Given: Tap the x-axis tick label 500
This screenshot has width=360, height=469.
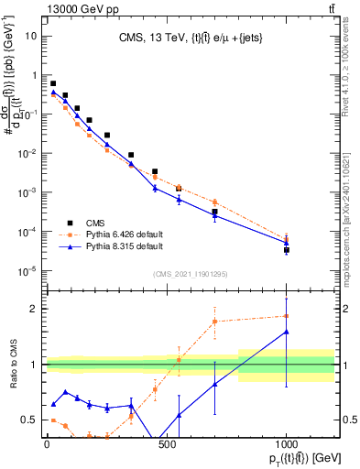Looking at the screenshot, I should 167,443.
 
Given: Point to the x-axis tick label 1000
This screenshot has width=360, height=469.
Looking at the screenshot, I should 287,443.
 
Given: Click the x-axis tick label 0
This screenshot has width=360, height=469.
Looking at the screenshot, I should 47,443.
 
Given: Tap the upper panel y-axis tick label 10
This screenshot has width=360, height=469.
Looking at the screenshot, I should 31,36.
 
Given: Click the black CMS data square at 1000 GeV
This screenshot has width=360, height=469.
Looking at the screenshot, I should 287,249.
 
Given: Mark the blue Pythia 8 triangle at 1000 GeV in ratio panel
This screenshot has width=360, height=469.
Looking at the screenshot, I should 287,332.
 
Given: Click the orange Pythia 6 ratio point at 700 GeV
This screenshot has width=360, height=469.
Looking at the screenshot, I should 214,322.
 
